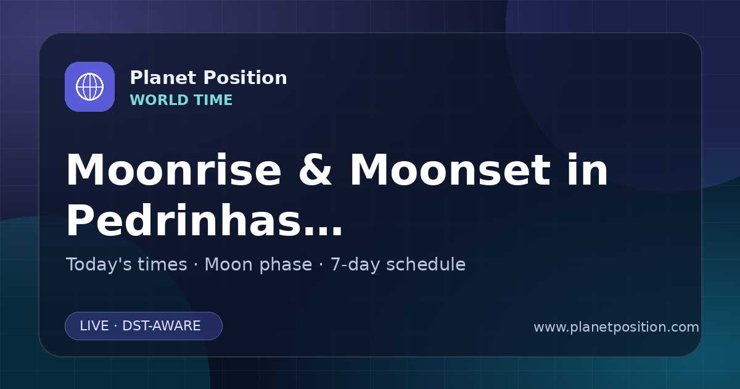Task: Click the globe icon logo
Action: pyautogui.click(x=89, y=86)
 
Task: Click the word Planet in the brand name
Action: pyautogui.click(x=163, y=78)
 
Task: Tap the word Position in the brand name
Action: pyautogui.click(x=245, y=78)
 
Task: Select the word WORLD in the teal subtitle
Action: pyautogui.click(x=159, y=100)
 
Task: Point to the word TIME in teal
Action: pyautogui.click(x=213, y=100)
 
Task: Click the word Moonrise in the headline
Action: pyautogui.click(x=173, y=170)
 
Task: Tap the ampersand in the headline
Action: pyautogui.click(x=315, y=170)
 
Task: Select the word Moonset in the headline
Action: pyautogui.click(x=450, y=170)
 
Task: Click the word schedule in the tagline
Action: pyautogui.click(x=426, y=265)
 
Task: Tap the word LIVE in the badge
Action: pyautogui.click(x=94, y=326)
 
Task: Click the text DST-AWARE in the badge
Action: pyautogui.click(x=161, y=326)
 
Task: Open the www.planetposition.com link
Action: pyautogui.click(x=616, y=327)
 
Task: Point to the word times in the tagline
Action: pyautogui.click(x=162, y=265)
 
